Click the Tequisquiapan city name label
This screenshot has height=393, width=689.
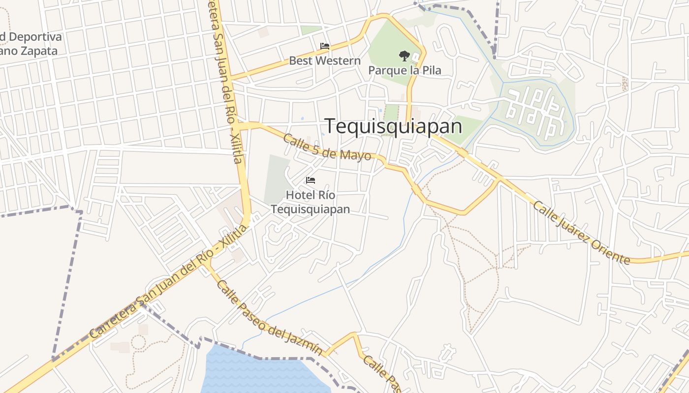393,126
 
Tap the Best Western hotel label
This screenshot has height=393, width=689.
324,61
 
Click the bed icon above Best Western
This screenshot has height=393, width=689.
324,46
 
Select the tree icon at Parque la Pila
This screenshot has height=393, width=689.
404,56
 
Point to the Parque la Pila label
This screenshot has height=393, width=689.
405,70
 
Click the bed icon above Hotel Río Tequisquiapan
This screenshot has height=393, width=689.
311,180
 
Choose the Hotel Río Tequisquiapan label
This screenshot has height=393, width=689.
311,202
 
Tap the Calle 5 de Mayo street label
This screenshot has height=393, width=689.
327,147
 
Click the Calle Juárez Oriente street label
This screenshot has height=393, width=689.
581,232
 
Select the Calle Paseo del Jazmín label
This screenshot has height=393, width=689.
270,318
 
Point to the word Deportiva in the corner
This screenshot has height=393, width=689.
35,37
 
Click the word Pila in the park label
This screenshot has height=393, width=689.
431,70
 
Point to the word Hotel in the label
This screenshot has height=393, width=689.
298,195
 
